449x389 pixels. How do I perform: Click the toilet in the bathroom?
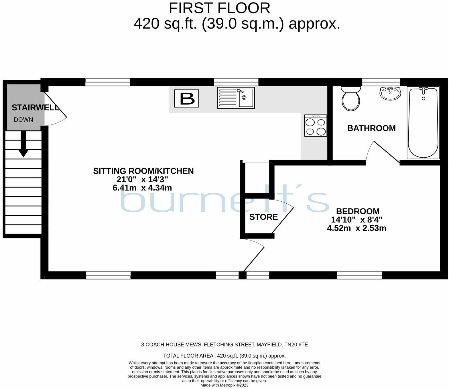[351, 99]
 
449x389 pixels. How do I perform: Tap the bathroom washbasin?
[390, 93]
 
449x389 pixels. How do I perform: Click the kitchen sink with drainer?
[236, 98]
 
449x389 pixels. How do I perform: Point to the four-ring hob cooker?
[316, 126]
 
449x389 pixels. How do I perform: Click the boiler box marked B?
[187, 99]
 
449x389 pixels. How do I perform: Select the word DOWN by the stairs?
[23, 120]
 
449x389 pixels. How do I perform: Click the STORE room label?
[263, 217]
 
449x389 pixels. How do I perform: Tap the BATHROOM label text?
[371, 128]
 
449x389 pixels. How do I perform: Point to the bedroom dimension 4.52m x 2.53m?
[357, 228]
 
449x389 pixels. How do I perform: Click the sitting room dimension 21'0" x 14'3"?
[142, 180]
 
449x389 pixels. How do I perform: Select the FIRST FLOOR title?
[219, 8]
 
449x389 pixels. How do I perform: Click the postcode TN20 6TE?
[296, 345]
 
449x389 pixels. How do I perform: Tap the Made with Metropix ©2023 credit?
[224, 385]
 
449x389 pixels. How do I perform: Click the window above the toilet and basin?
[381, 82]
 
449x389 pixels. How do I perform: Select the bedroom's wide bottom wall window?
[359, 275]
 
